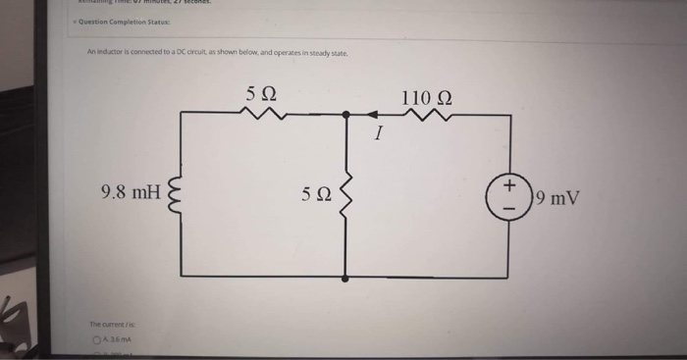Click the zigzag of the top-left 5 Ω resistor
[265, 116]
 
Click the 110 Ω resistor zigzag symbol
[427, 116]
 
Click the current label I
[376, 134]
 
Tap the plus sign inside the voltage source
[509, 184]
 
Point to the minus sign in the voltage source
[509, 207]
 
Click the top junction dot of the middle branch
[345, 116]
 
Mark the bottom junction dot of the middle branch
[345, 278]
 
